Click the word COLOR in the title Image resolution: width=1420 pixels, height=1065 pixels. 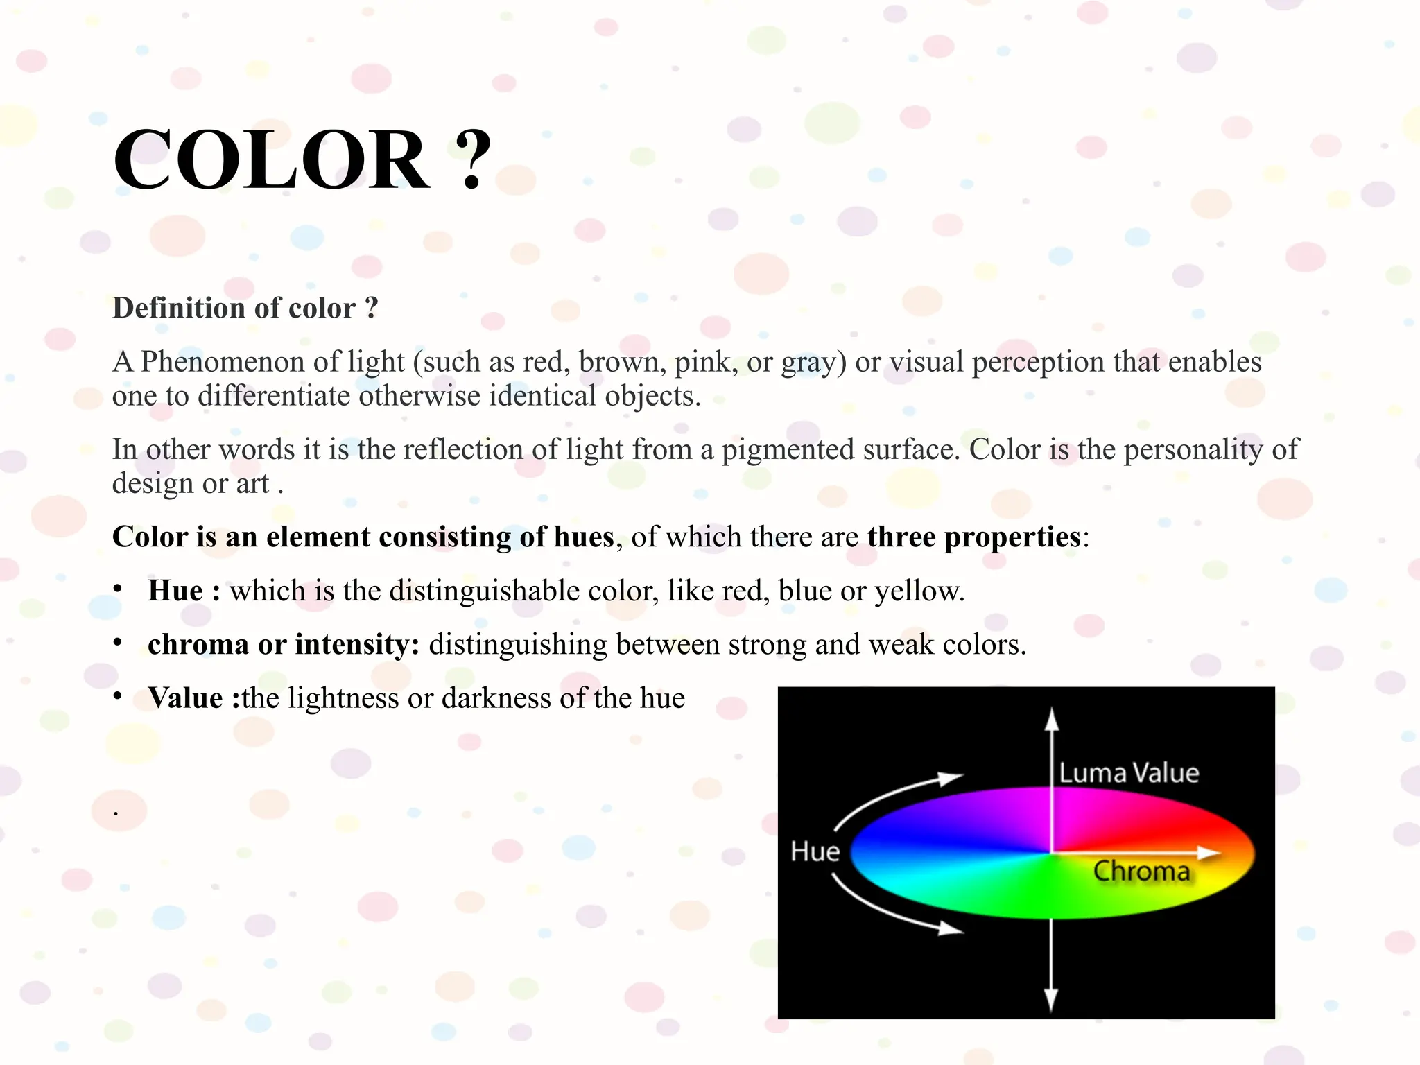coord(271,160)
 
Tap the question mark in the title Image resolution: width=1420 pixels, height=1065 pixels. coord(473,160)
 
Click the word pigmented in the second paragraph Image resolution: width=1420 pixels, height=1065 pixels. coord(787,450)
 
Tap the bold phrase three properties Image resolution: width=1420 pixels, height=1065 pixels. coord(973,537)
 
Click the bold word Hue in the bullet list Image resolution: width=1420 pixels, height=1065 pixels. coord(175,591)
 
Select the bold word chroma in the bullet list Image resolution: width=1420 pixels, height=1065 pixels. coord(198,645)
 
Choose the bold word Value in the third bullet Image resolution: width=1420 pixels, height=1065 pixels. coord(185,698)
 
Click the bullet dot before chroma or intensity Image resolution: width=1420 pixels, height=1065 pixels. coord(118,643)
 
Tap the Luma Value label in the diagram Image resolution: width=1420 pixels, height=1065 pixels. coord(1129,773)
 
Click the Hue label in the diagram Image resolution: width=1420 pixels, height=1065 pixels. coord(815,851)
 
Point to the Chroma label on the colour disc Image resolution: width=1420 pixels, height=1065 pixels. coord(1141,872)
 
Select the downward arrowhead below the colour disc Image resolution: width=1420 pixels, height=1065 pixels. coord(1051,999)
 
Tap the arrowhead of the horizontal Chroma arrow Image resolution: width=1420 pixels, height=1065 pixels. coord(1210,852)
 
